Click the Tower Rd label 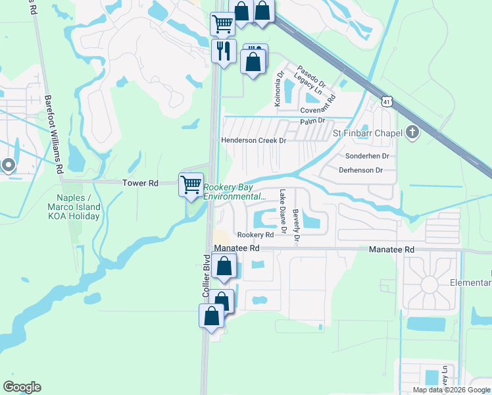pos(140,183)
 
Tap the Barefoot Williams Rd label pos(54,134)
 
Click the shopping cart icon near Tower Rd pos(191,184)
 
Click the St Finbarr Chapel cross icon pos(412,134)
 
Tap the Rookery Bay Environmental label pos(235,192)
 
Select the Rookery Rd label pos(255,235)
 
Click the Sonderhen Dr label pos(368,157)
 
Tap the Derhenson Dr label pos(360,170)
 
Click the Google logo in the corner pos(22,387)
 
